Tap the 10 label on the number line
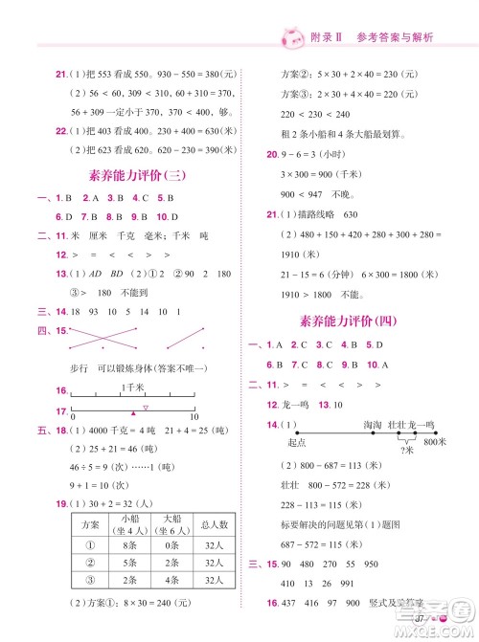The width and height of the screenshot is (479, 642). point(194,417)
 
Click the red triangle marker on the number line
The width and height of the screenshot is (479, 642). point(132,412)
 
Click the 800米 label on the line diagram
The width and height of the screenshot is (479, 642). point(435,441)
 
